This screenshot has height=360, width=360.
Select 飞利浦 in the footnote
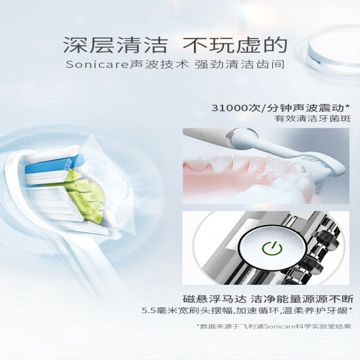pos(245,325)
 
